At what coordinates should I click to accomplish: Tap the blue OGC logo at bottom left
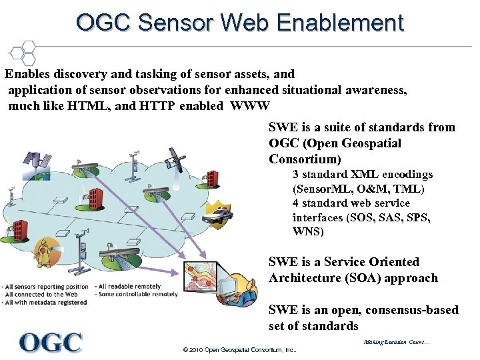[x=51, y=343]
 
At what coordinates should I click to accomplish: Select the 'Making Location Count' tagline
[x=397, y=343]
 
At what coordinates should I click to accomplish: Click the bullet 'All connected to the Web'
[x=41, y=294]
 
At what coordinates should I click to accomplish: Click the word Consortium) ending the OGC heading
[x=305, y=159]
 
